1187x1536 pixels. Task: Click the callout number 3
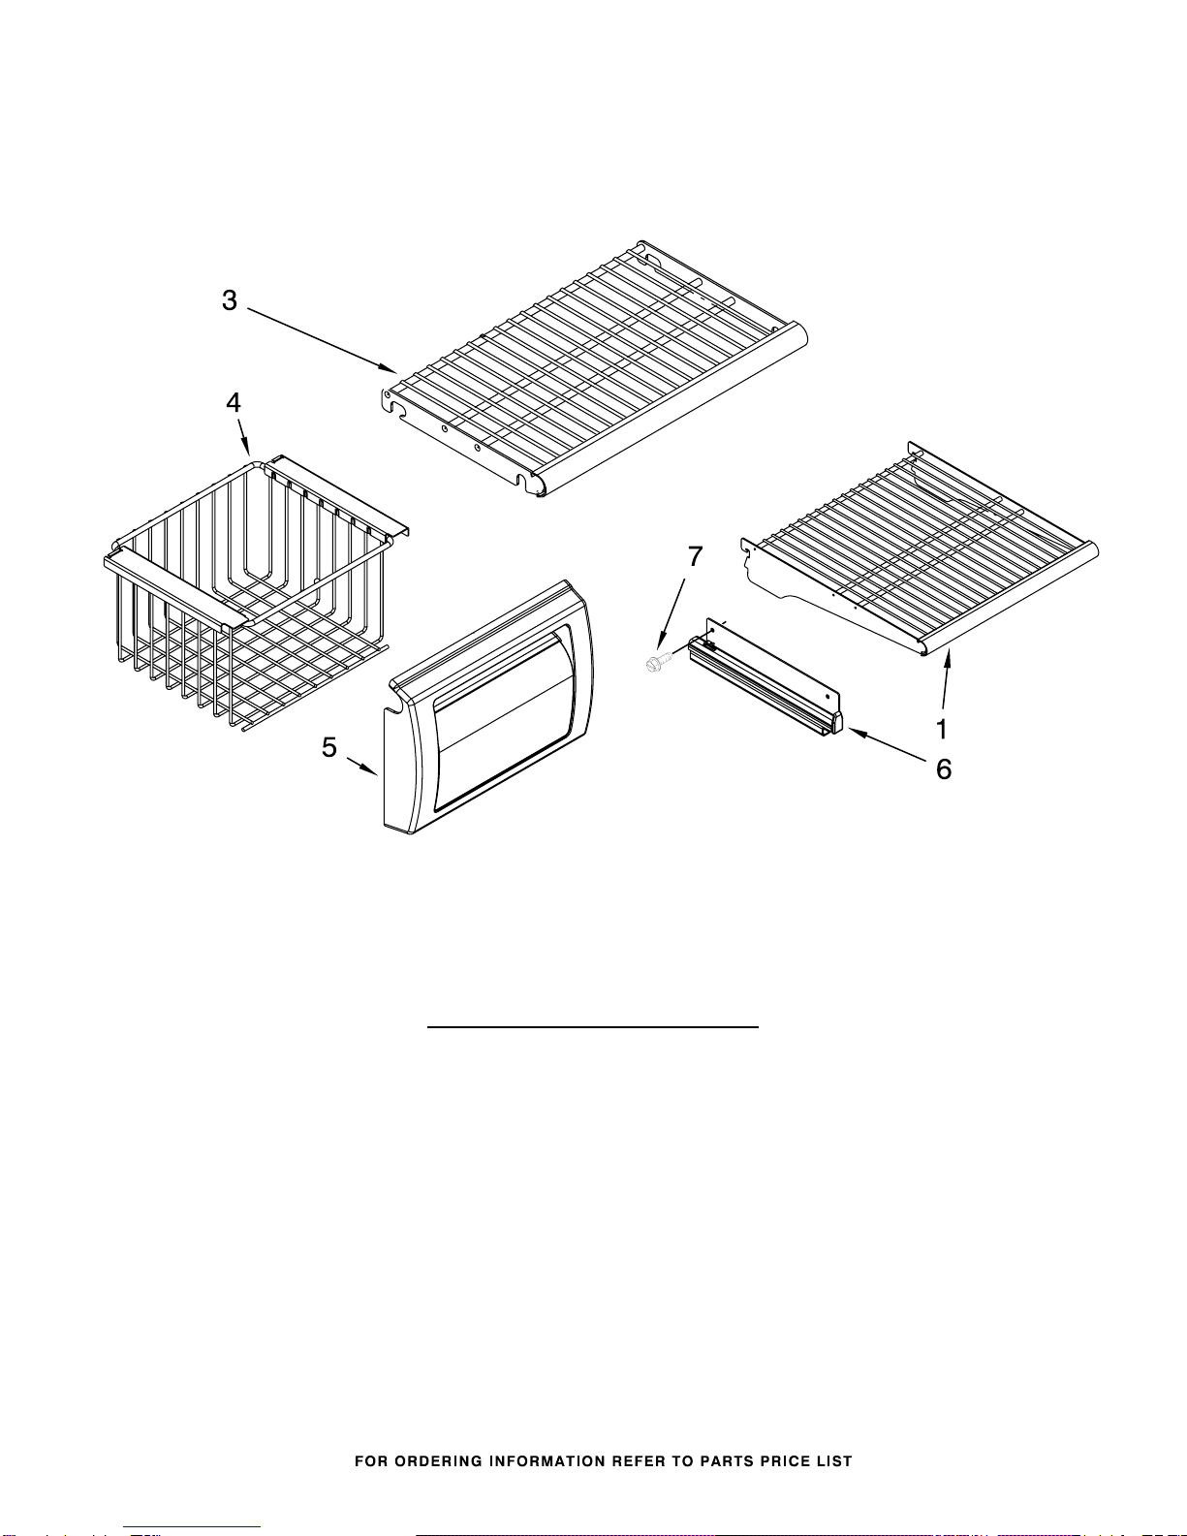(x=230, y=300)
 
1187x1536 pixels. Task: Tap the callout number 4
(x=234, y=403)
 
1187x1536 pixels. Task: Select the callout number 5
(x=329, y=748)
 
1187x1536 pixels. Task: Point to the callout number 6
(x=944, y=769)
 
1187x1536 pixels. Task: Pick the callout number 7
(x=696, y=556)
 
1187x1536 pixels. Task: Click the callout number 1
(x=941, y=729)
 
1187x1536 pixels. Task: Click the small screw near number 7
(x=656, y=663)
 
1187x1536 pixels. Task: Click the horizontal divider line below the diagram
(x=592, y=1026)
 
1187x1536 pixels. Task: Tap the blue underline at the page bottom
(x=192, y=1528)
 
